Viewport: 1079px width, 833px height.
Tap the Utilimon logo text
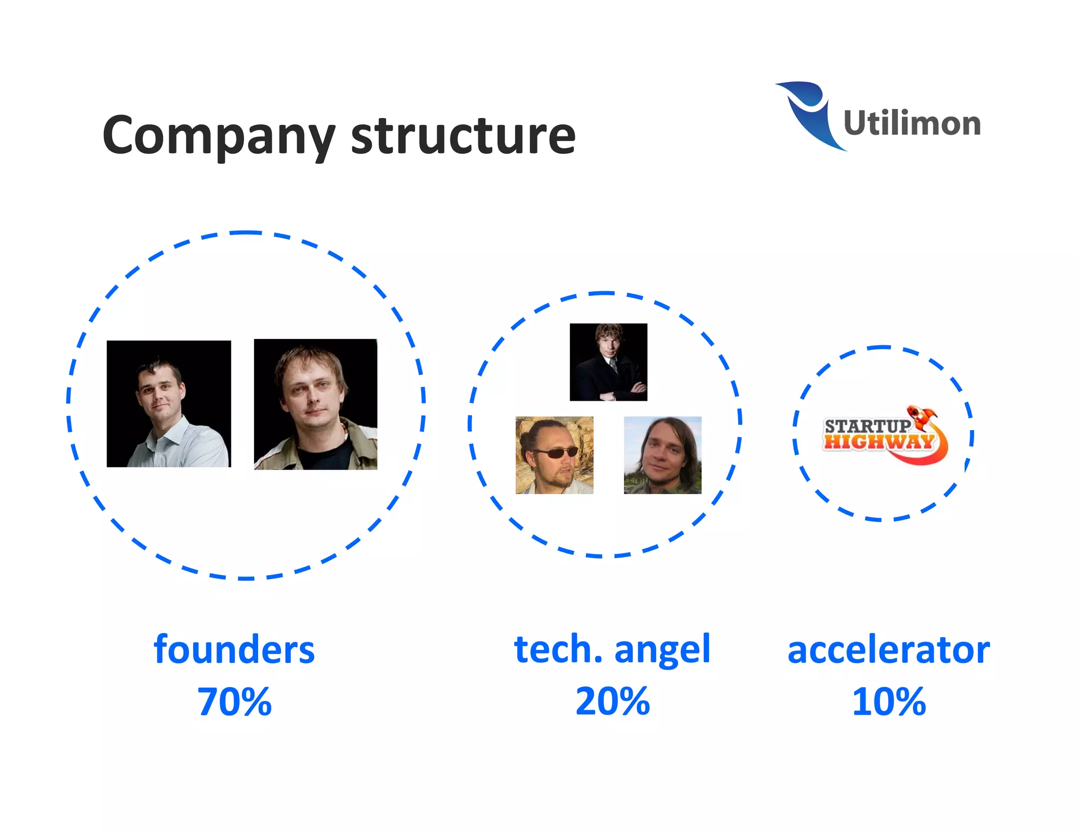pos(911,123)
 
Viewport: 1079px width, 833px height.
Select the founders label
pos(234,650)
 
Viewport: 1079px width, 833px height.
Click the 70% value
pos(234,701)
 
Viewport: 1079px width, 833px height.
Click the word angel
pos(662,650)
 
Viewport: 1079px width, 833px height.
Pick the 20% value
pos(612,701)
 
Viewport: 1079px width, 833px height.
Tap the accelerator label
pos(888,650)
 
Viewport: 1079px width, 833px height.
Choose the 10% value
pos(888,701)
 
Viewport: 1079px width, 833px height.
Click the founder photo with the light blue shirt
pos(169,403)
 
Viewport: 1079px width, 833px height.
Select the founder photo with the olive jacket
pos(316,404)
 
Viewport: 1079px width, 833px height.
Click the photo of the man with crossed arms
pos(609,362)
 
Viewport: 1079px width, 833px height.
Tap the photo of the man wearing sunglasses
pos(554,455)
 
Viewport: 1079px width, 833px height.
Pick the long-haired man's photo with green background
pos(663,455)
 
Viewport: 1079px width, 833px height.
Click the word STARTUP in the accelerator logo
pos(867,425)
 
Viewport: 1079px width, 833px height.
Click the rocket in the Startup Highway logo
pos(923,416)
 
